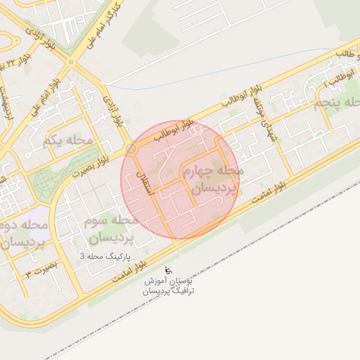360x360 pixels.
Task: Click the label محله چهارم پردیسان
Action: pyautogui.click(x=212, y=179)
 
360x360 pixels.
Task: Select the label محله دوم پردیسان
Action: pyautogui.click(x=24, y=235)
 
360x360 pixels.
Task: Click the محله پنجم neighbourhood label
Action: pyautogui.click(x=337, y=104)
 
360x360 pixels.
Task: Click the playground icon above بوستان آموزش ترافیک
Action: pyautogui.click(x=167, y=270)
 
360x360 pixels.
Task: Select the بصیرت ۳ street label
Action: pyautogui.click(x=39, y=271)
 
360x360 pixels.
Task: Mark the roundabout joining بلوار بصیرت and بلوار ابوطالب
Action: pyautogui.click(x=131, y=148)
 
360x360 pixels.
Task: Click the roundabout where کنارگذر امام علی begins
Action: pyautogui.click(x=70, y=62)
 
